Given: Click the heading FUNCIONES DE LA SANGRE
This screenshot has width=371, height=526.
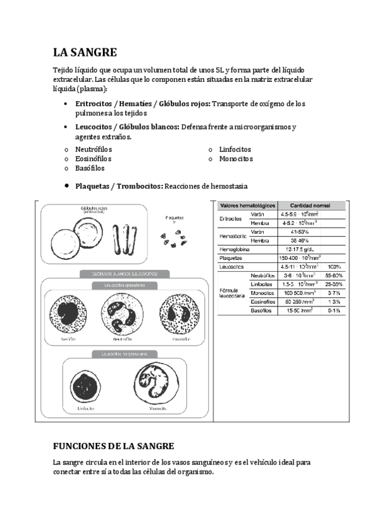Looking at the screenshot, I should pos(114,447).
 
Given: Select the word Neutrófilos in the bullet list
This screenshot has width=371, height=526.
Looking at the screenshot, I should pos(94,149).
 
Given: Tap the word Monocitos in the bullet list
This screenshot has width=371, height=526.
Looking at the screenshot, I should pos(236,159).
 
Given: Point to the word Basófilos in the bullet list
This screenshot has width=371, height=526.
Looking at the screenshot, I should pos(90,168).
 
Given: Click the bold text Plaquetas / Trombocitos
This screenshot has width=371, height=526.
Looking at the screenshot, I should pos(119,185).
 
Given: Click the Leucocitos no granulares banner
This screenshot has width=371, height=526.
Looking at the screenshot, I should pos(124,354).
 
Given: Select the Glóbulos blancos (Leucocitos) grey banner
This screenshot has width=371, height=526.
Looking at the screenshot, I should pos(124,274).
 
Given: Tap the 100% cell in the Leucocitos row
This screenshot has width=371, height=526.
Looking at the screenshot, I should pos(334,266).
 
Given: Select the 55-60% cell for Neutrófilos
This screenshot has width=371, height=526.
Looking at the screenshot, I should pos(334,275).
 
